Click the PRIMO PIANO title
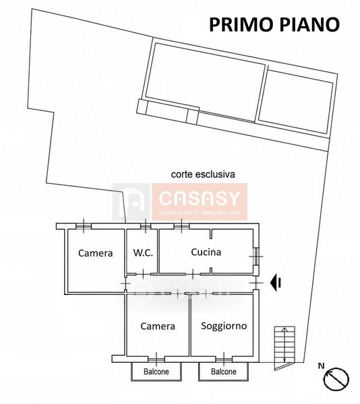[274, 24]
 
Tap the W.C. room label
[143, 252]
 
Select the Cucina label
[206, 252]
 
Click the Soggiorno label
[224, 326]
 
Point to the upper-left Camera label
[96, 253]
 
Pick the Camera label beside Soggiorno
[158, 326]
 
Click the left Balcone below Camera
[156, 372]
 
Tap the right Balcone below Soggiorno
[224, 372]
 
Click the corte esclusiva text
[203, 174]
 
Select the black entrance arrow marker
[276, 283]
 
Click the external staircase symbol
[284, 348]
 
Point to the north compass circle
[336, 379]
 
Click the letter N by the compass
[321, 366]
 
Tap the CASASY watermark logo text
[200, 199]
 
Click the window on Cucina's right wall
[256, 257]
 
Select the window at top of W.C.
[146, 226]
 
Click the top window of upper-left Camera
[84, 226]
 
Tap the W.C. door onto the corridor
[144, 274]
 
